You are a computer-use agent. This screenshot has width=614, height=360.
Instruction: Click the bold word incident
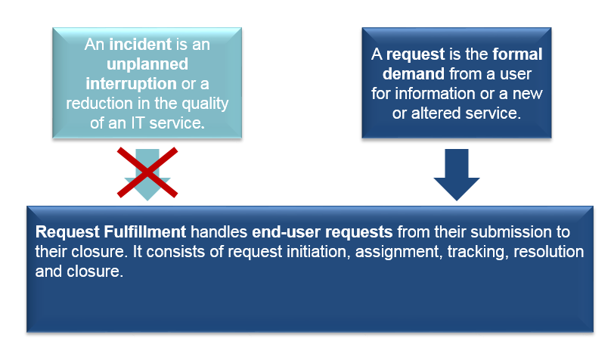point(140,45)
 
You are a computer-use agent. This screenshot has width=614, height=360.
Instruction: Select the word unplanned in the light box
point(147,64)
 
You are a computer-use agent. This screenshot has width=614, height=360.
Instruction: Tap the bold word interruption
point(131,84)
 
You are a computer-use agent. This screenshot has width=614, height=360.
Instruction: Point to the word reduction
point(99,104)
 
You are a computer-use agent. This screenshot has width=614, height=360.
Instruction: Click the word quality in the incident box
point(205,104)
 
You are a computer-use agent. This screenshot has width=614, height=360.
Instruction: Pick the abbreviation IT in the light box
point(138,123)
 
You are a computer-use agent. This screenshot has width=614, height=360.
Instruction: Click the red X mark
point(147,172)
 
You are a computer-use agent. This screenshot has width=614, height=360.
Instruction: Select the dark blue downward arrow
point(457,175)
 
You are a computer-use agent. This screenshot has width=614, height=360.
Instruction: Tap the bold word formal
point(517,54)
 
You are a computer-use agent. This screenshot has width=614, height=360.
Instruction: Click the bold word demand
point(414,73)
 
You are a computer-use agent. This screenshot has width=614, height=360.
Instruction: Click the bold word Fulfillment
point(145,232)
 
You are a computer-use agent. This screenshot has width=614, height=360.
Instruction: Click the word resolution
point(549,252)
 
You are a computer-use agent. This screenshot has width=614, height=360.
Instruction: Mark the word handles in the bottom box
point(219,232)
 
